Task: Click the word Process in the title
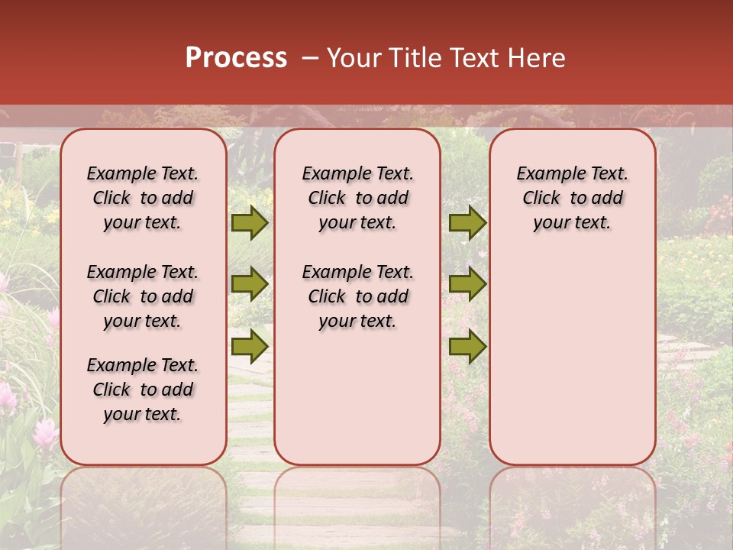[x=236, y=58]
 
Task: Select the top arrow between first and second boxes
[x=250, y=222]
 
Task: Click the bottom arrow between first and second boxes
[x=250, y=347]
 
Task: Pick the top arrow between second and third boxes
[x=467, y=222]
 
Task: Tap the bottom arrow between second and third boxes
[x=467, y=347]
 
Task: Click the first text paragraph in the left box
[x=143, y=198]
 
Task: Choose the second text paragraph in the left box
[x=143, y=296]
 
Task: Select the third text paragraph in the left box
[x=143, y=390]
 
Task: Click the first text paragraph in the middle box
[x=357, y=198]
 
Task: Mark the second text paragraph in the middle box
[x=357, y=296]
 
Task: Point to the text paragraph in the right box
[x=572, y=198]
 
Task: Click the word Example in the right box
[x=545, y=174]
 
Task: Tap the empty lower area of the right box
[x=572, y=367]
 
